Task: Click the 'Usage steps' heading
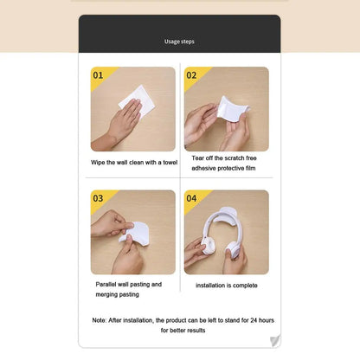click(180, 41)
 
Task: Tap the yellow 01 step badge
click(98, 75)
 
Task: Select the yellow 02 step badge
click(192, 75)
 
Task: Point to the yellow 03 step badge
click(98, 198)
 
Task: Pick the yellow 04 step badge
click(192, 198)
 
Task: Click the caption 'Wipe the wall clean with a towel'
click(134, 162)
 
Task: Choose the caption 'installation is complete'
click(226, 285)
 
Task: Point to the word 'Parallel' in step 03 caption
click(108, 283)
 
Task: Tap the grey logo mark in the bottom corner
click(275, 340)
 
